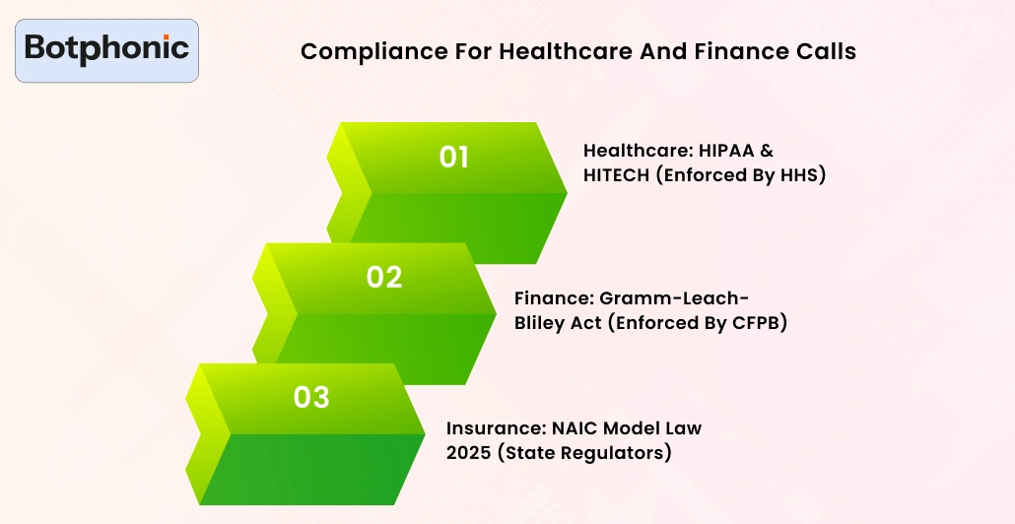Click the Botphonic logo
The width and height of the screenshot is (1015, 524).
[106, 48]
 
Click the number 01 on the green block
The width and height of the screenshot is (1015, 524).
[453, 158]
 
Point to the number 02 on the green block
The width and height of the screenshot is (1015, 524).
[384, 278]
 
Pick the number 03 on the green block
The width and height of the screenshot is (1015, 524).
[311, 398]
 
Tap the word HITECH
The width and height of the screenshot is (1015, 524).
[618, 176]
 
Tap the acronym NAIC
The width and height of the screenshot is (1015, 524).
[573, 427]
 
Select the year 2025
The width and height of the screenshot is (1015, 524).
[468, 453]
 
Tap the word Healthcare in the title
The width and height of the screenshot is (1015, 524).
[557, 51]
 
